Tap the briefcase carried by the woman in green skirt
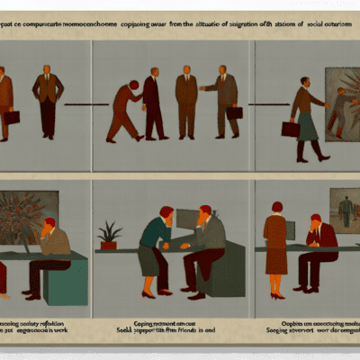click(290, 129)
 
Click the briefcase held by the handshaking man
click(233, 112)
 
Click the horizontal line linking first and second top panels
click(85, 103)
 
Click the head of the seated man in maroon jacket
click(316, 222)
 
